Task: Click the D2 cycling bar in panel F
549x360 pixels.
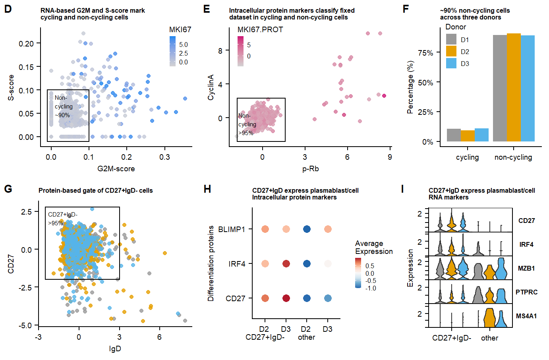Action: [468, 136]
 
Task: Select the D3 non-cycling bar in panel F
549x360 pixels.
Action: [528, 88]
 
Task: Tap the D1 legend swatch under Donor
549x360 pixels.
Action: [451, 39]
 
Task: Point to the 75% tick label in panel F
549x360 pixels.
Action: [425, 53]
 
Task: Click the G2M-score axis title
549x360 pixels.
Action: [116, 169]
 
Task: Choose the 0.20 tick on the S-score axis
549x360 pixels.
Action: [26, 43]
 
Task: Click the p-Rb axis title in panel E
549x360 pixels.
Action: [310, 169]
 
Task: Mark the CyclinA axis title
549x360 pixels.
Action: [211, 87]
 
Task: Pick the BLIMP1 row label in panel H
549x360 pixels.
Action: [232, 229]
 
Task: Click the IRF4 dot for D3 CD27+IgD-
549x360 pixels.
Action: [286, 264]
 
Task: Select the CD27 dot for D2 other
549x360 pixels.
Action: [307, 298]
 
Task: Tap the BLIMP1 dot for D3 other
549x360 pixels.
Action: [328, 229]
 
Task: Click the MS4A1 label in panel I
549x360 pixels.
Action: [526, 316]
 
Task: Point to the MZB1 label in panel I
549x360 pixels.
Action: [526, 269]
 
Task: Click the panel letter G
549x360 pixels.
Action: [8, 189]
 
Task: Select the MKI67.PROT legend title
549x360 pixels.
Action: [260, 30]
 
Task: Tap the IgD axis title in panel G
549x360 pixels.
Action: [115, 349]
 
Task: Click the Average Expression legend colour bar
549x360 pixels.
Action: [358, 273]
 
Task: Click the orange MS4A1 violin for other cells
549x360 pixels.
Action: [489, 318]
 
